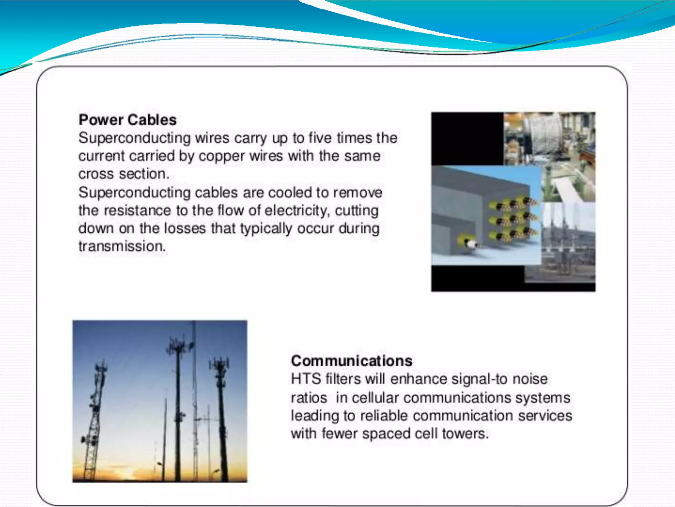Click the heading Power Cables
point(128,120)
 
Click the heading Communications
point(352,361)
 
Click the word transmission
point(122,247)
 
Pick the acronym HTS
point(306,379)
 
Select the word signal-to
point(479,379)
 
